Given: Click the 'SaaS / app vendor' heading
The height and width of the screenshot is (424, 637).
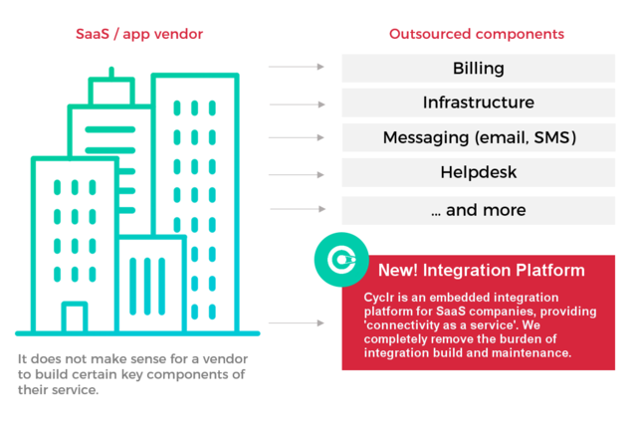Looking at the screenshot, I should pos(139,35).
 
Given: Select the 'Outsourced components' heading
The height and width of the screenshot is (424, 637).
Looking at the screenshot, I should pos(476,35).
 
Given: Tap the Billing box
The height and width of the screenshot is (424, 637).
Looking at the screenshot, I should pos(478,69).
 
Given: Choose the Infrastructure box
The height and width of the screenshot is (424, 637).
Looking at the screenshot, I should pos(478,103).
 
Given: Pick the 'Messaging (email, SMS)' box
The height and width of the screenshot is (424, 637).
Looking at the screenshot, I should pos(478,137).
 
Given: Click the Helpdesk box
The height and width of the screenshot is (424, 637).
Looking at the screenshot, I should pos(478,172).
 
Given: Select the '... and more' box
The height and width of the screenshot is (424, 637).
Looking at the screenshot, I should pos(478,210).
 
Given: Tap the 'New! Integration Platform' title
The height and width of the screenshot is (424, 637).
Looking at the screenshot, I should pos(481,270).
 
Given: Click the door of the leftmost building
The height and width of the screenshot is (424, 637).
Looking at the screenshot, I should pos(74,318).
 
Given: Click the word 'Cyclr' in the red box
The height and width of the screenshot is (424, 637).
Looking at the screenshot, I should pos(380,298).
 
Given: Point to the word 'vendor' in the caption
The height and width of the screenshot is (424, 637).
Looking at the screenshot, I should pos(221,358).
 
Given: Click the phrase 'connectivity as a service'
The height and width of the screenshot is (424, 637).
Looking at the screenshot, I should pos(429,325).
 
